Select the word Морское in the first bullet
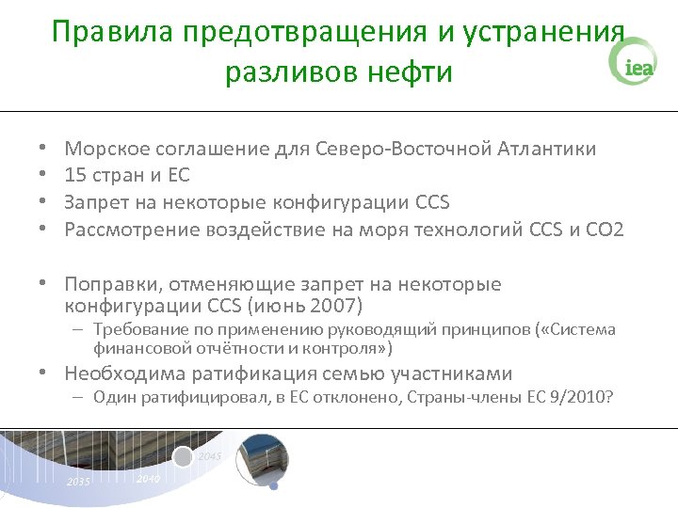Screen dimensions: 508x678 click(x=105, y=149)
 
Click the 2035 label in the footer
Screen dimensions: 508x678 click(x=79, y=483)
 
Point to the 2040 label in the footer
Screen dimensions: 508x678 click(x=147, y=479)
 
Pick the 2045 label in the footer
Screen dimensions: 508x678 click(x=210, y=456)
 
